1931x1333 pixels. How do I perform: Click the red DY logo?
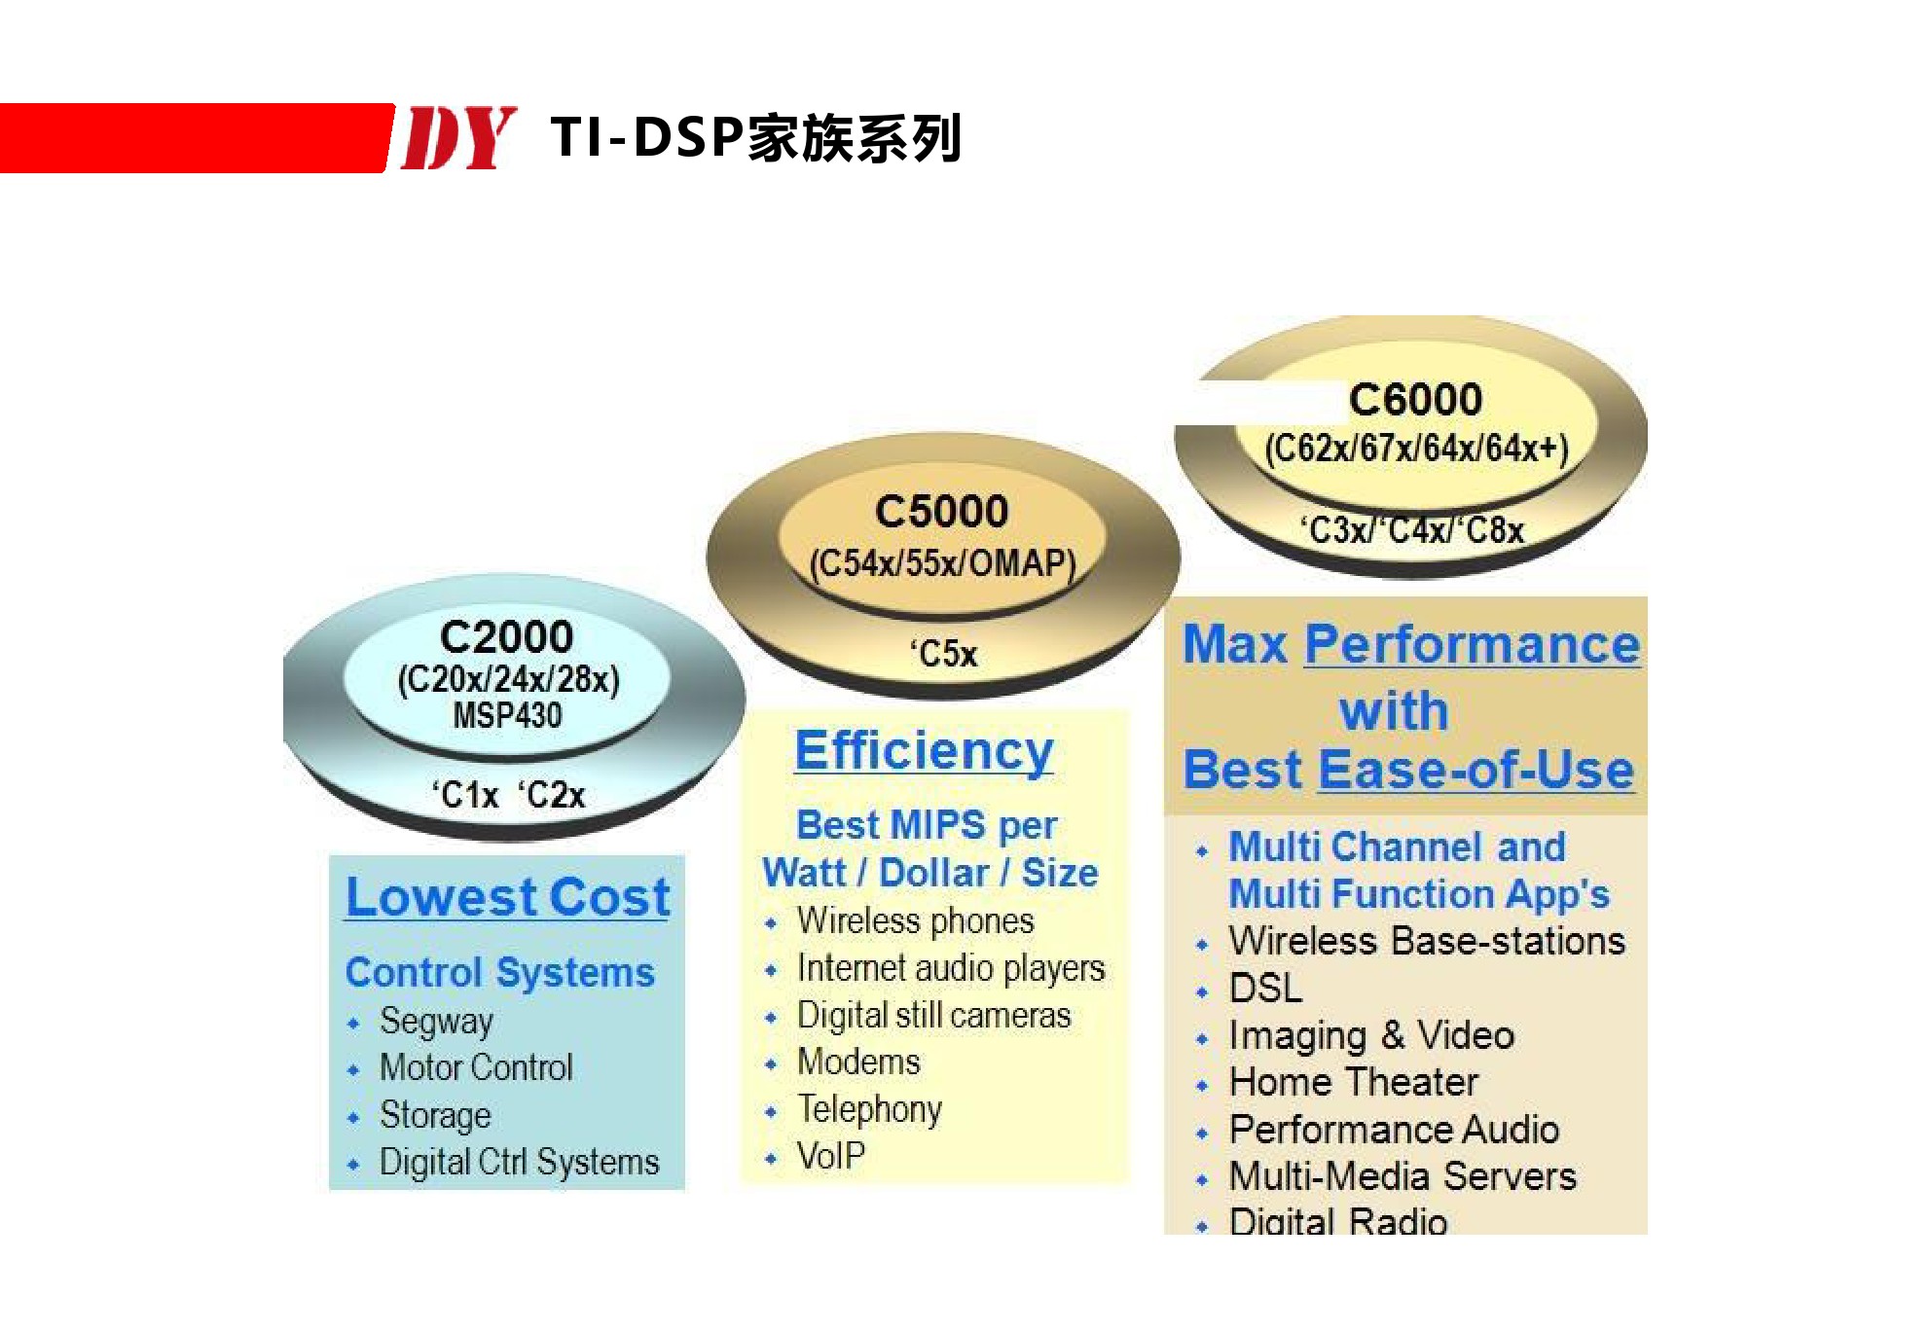(458, 137)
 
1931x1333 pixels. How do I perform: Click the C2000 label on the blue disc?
(506, 637)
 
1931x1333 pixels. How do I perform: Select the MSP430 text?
(507, 716)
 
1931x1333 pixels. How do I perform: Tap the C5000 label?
(941, 512)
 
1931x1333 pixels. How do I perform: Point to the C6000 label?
(1415, 400)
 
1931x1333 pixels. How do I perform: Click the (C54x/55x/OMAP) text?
(942, 564)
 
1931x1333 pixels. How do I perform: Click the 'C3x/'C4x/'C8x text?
(1412, 530)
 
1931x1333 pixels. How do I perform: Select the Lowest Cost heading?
(508, 896)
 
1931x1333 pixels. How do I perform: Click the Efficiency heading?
(924, 750)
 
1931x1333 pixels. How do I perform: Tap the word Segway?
(436, 1022)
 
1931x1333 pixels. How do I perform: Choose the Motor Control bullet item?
(476, 1067)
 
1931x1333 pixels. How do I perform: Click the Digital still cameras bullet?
(933, 1015)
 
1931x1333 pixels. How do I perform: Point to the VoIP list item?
(831, 1156)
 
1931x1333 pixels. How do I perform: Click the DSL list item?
(1265, 989)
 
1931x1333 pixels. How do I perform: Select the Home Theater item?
(1354, 1082)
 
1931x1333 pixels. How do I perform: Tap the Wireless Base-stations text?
(1427, 941)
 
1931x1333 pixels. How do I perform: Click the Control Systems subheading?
(500, 972)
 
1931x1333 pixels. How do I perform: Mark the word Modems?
(858, 1062)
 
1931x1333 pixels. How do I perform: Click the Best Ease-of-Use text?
(1408, 770)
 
